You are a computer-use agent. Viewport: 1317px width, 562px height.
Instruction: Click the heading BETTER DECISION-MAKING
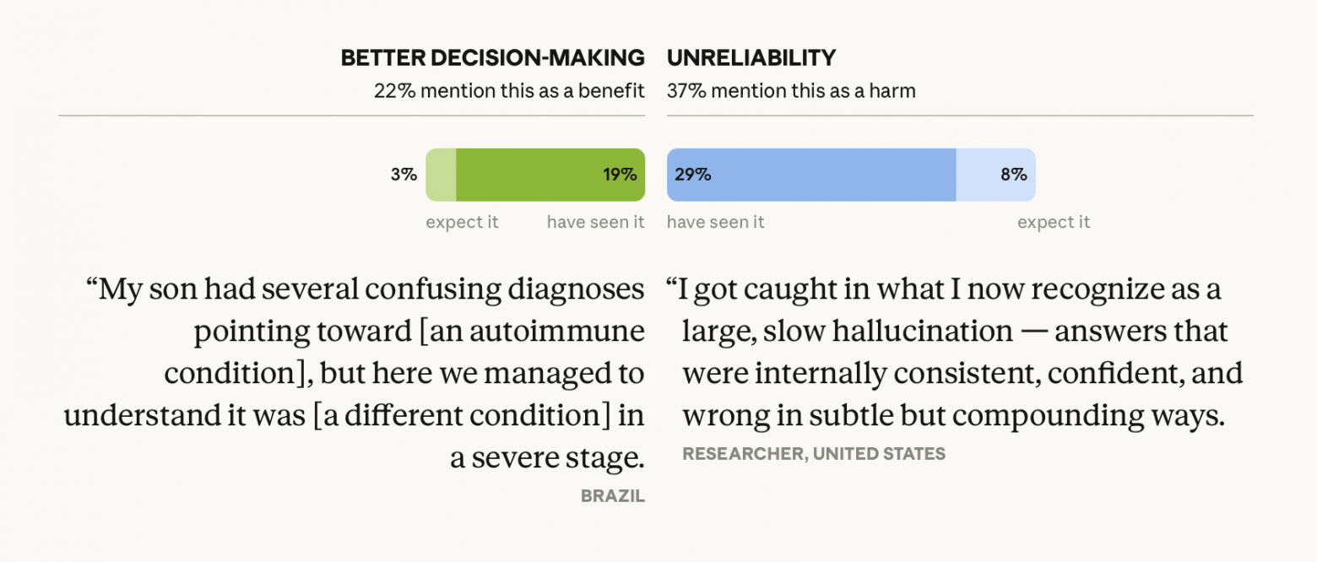coord(492,58)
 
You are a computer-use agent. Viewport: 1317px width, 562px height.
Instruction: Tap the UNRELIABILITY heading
coord(751,58)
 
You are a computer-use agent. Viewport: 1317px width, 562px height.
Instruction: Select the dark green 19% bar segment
coord(550,175)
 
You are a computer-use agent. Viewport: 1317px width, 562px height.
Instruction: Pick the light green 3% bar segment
coord(441,175)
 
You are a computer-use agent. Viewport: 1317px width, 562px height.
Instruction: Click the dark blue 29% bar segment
coord(811,175)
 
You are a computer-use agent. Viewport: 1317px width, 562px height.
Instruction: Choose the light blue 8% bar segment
coord(995,175)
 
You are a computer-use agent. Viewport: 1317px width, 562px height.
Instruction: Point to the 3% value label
coord(404,175)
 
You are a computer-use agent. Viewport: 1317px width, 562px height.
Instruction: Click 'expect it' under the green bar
coord(462,222)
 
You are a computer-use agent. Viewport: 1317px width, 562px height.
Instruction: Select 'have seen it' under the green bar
coord(595,222)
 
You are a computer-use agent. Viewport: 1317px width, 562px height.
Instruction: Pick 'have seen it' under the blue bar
coord(716,222)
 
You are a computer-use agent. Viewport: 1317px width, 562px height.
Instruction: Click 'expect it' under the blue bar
coord(1054,222)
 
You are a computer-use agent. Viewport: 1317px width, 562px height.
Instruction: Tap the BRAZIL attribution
coord(612,496)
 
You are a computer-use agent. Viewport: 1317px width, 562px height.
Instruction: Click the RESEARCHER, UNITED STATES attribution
coord(814,454)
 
